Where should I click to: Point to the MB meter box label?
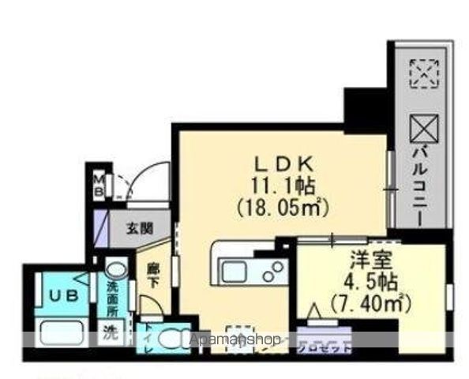(100, 186)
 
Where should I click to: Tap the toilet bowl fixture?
(171, 337)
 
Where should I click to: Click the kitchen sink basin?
(236, 272)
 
